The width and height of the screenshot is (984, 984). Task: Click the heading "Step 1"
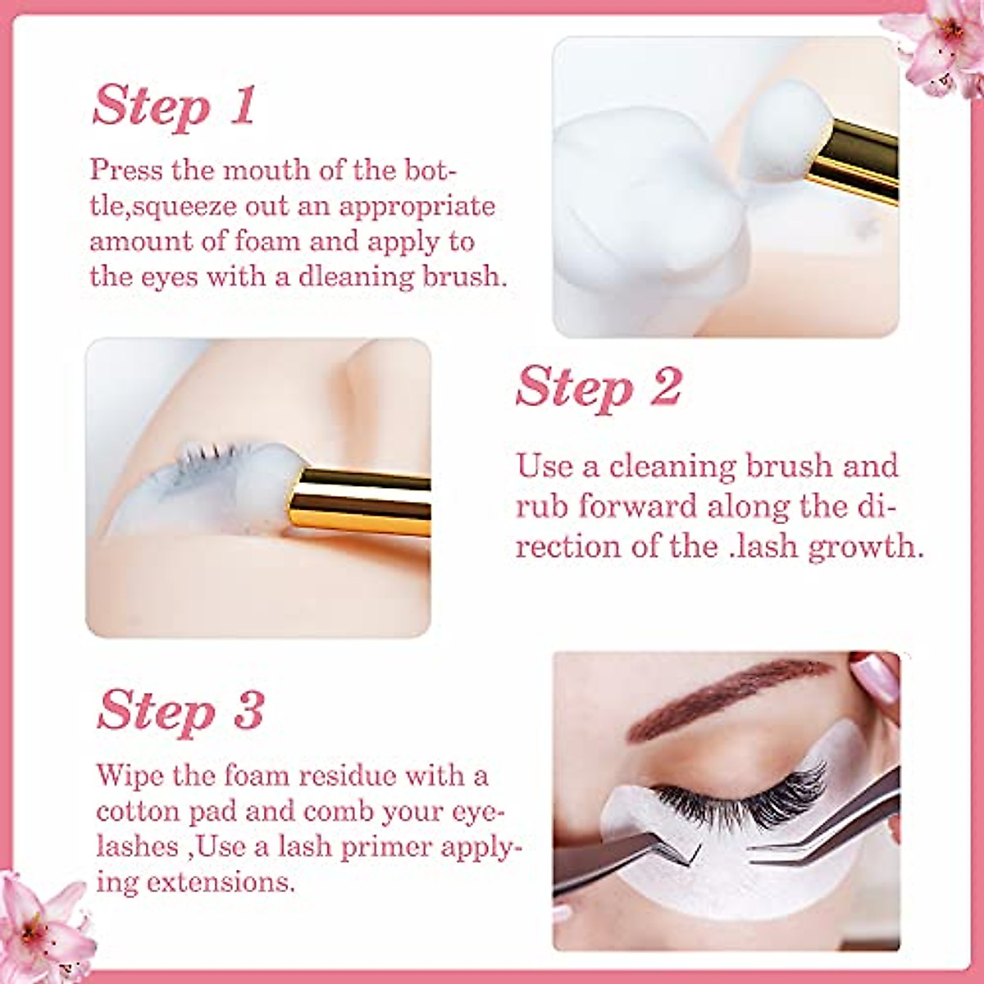174,107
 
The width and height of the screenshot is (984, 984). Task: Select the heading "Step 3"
180,710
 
